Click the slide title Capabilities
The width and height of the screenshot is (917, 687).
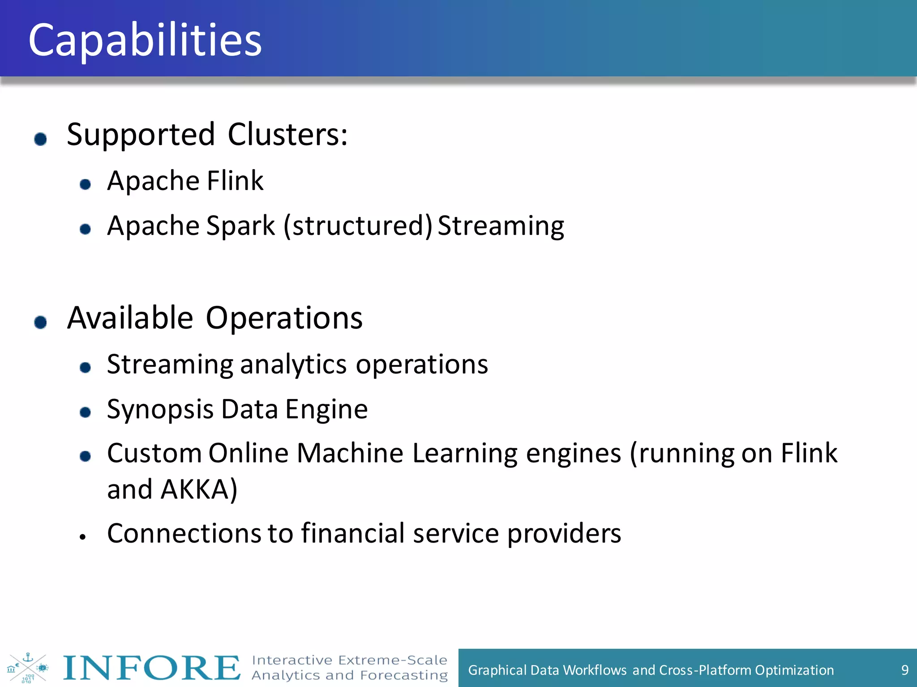tap(145, 40)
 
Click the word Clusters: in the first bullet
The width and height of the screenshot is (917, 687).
tap(287, 134)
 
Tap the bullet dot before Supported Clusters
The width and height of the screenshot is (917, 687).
tap(41, 139)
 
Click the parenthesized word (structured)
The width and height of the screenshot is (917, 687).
tap(358, 225)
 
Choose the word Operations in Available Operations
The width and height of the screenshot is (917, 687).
tap(284, 318)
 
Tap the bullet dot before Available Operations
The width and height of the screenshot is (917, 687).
tap(41, 322)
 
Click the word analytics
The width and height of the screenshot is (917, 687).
tap(294, 364)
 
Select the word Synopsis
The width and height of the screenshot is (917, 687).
tap(160, 409)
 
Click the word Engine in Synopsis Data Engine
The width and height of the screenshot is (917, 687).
tap(326, 409)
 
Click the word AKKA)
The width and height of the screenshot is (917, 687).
tap(199, 489)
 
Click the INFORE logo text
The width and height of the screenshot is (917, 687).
tap(151, 668)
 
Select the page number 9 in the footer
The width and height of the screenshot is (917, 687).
tap(904, 670)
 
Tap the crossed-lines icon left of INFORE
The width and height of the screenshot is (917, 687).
tap(27, 668)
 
